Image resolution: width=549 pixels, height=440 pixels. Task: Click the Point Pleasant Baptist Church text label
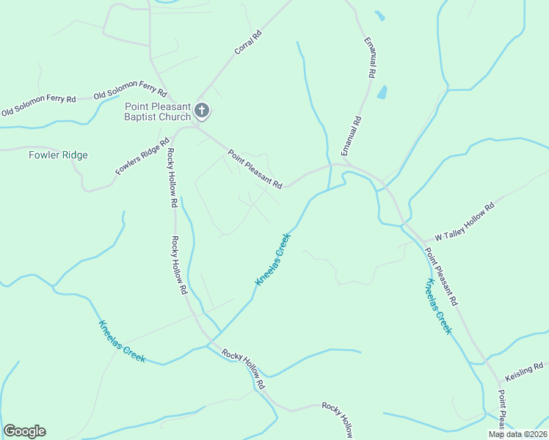pyautogui.click(x=157, y=111)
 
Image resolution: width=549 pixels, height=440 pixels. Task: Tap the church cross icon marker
pyautogui.click(x=202, y=111)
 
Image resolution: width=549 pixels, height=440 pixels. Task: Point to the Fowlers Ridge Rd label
pyautogui.click(x=142, y=156)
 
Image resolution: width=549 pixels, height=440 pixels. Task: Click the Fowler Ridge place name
pyautogui.click(x=58, y=155)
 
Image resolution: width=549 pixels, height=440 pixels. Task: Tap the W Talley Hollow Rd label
pyautogui.click(x=465, y=221)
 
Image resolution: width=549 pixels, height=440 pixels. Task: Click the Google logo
pyautogui.click(x=24, y=431)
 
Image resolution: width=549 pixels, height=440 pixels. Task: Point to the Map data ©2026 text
pyautogui.click(x=517, y=434)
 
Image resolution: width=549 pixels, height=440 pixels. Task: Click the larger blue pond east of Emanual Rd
pyautogui.click(x=382, y=92)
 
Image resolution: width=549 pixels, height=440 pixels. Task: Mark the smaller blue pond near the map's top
pyautogui.click(x=379, y=15)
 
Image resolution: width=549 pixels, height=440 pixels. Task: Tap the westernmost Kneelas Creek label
pyautogui.click(x=122, y=342)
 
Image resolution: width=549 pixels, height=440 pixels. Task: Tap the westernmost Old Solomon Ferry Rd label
pyautogui.click(x=38, y=106)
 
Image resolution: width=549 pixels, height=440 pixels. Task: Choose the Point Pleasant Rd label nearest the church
pyautogui.click(x=255, y=169)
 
